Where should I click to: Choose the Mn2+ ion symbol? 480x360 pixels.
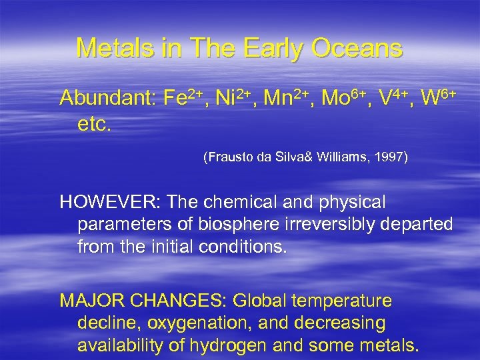pyautogui.click(x=288, y=98)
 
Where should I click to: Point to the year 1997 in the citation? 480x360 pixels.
pyautogui.click(x=391, y=158)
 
